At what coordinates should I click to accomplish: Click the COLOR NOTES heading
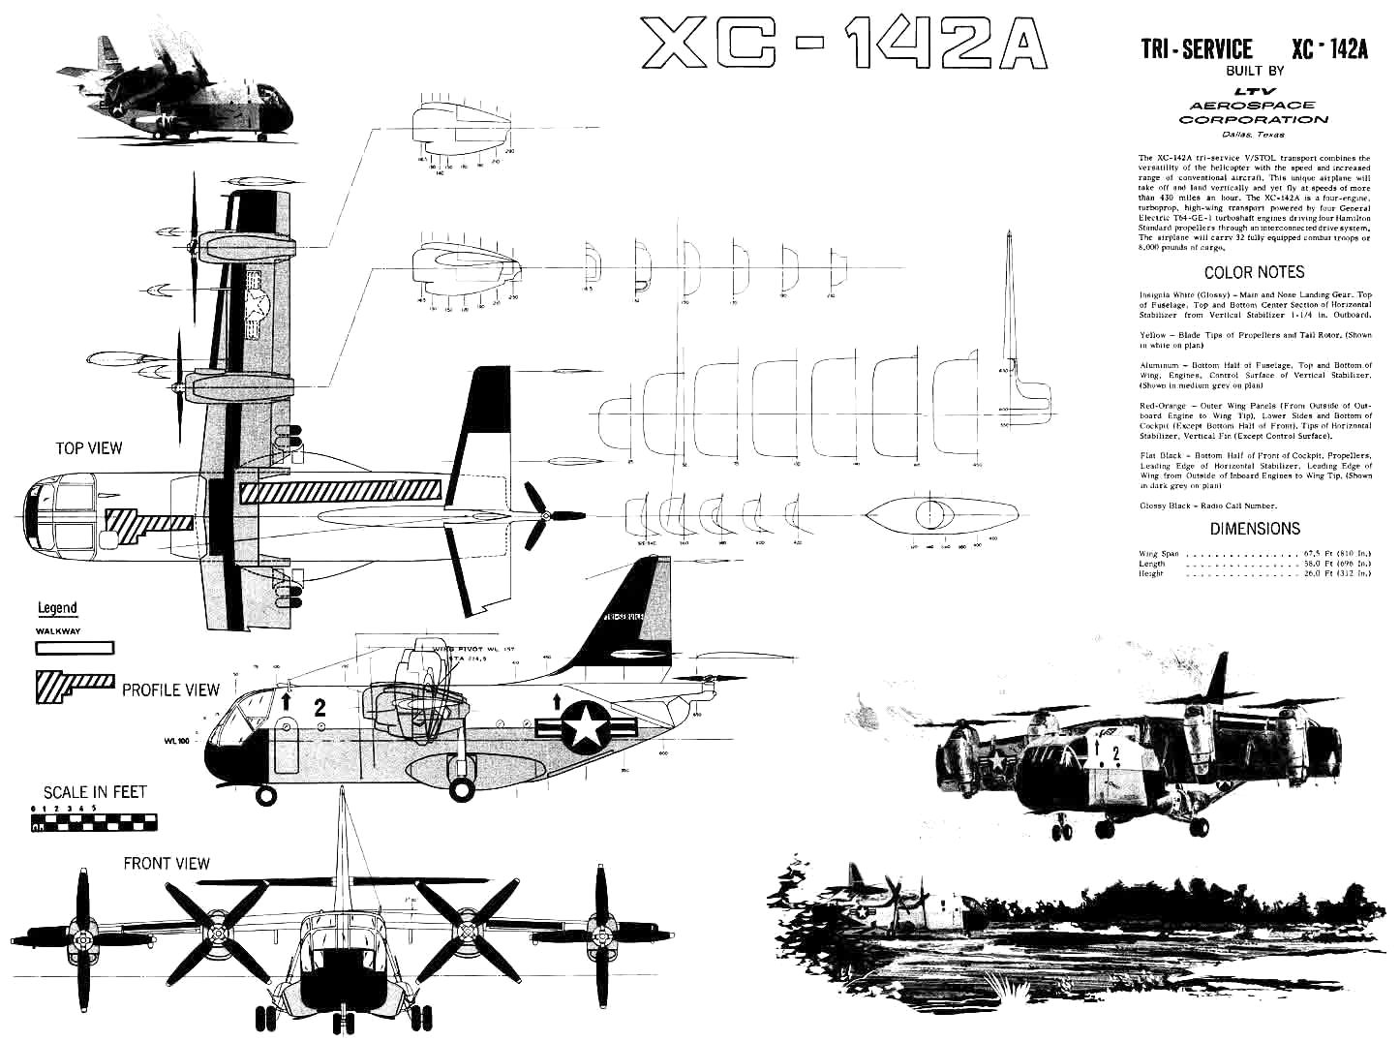click(x=1254, y=272)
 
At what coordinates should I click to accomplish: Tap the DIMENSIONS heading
click(x=1255, y=529)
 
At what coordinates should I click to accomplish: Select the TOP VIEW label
click(x=89, y=448)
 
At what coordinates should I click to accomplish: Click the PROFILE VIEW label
click(x=170, y=690)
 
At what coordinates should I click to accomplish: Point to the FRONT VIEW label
click(x=166, y=863)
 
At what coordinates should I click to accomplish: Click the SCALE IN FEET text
click(x=95, y=791)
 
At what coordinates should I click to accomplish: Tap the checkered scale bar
click(x=94, y=823)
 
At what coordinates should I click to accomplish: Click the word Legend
click(x=57, y=608)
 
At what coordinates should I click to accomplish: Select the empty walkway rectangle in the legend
click(x=75, y=649)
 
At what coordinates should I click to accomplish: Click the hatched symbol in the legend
click(x=74, y=685)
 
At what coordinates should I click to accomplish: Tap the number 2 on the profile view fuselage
click(x=320, y=709)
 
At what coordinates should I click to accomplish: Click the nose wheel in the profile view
click(x=263, y=795)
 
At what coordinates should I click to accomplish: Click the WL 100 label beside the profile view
click(x=176, y=743)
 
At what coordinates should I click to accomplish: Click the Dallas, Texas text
click(x=1254, y=135)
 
